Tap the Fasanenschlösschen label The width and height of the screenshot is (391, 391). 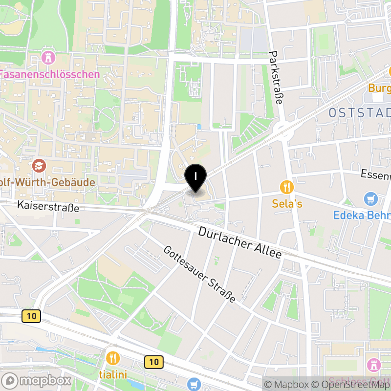[x=49, y=75]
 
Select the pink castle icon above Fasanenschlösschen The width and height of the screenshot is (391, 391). [x=48, y=58]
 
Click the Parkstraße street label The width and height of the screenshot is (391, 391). [x=276, y=78]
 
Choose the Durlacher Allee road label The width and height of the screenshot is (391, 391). [x=240, y=243]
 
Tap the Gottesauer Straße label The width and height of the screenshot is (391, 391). [x=199, y=274]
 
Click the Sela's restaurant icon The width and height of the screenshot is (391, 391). [x=286, y=187]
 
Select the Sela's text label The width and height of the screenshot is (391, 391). [x=287, y=203]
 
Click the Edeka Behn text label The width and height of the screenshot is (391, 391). [x=362, y=215]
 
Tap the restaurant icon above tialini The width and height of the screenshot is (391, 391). [x=113, y=358]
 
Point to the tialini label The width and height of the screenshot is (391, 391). [x=113, y=375]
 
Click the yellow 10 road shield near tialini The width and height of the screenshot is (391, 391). [x=154, y=362]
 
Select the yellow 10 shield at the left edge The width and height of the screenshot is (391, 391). [x=31, y=316]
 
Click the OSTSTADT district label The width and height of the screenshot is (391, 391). [x=359, y=113]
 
